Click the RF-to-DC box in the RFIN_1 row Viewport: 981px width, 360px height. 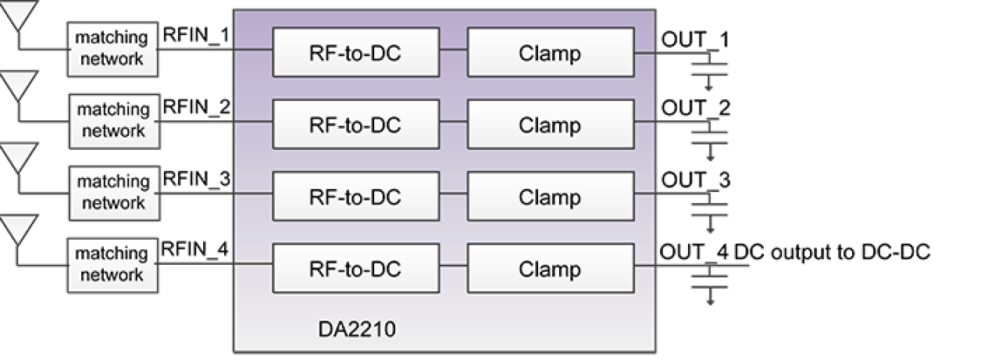point(355,52)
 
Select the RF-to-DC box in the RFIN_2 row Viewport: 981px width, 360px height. point(355,125)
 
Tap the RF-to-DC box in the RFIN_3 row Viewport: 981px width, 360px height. point(355,197)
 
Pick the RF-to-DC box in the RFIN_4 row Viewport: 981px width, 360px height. point(355,269)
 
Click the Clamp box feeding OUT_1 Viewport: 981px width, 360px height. point(550,52)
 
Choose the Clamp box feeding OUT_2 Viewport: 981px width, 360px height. point(550,125)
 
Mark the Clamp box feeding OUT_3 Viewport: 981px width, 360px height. point(550,197)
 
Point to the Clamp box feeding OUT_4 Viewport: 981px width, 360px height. point(550,269)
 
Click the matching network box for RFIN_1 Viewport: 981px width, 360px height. point(112,48)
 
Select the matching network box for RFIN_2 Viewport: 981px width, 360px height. point(114,120)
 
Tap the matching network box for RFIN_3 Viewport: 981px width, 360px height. point(113,192)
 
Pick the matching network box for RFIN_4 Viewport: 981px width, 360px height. point(112,264)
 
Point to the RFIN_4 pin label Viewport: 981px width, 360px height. point(196,250)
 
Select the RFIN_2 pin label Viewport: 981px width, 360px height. point(196,107)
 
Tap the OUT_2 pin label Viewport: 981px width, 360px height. point(694,107)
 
